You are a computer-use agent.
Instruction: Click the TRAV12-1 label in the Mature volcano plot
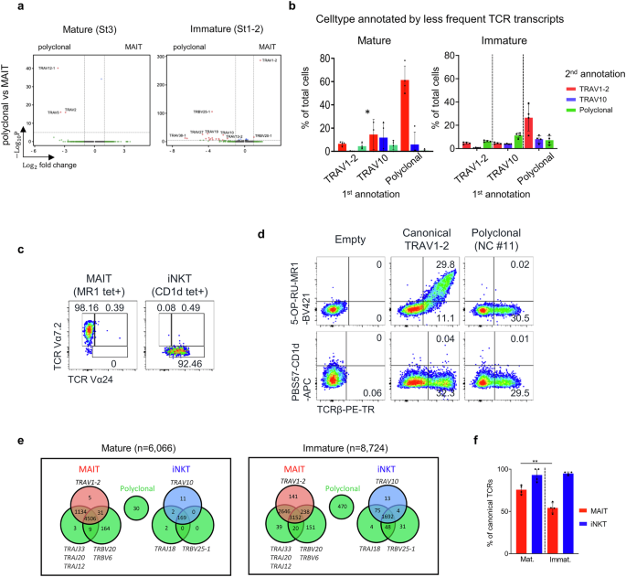click(47, 68)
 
